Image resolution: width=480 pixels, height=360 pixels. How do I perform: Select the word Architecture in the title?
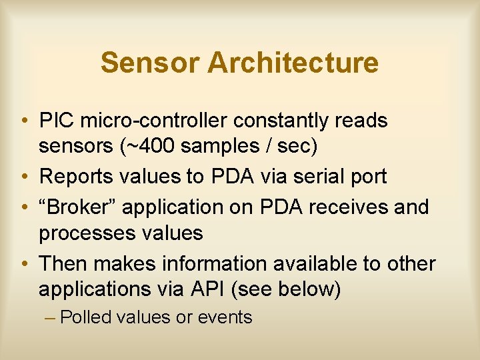[x=293, y=63]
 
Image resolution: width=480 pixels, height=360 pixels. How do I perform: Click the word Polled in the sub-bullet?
[x=85, y=317]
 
